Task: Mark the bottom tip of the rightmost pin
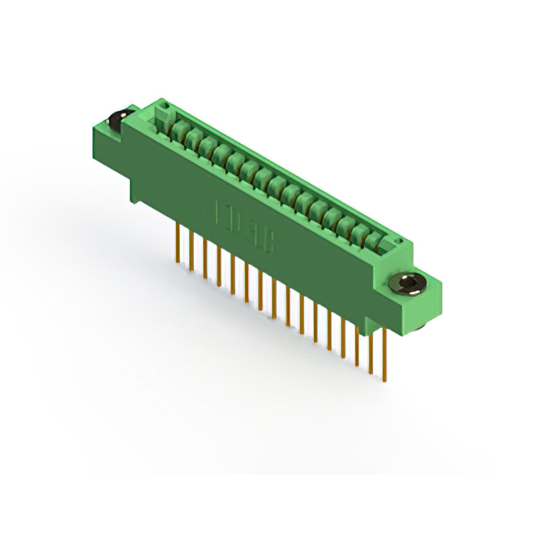[384, 381]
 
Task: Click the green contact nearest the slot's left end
[177, 127]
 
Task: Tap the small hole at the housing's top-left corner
[163, 107]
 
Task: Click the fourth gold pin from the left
[218, 265]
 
